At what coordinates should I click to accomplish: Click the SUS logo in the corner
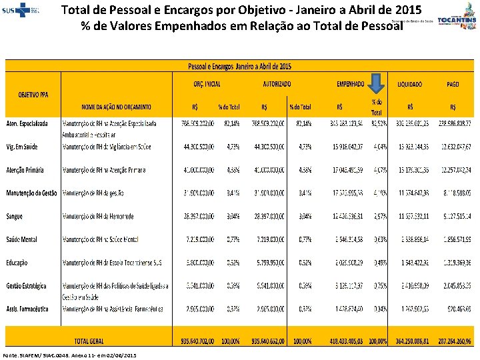click(x=20, y=11)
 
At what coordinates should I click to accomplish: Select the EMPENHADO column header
click(x=350, y=84)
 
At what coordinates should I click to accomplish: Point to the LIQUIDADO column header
click(x=409, y=84)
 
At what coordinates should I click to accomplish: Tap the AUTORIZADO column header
click(x=276, y=84)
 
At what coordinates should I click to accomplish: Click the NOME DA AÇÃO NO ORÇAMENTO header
click(x=116, y=106)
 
